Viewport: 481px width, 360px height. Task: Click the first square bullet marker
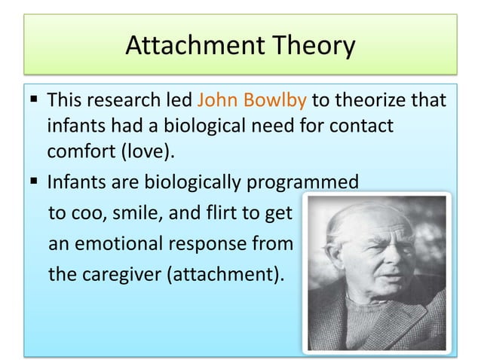point(35,101)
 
